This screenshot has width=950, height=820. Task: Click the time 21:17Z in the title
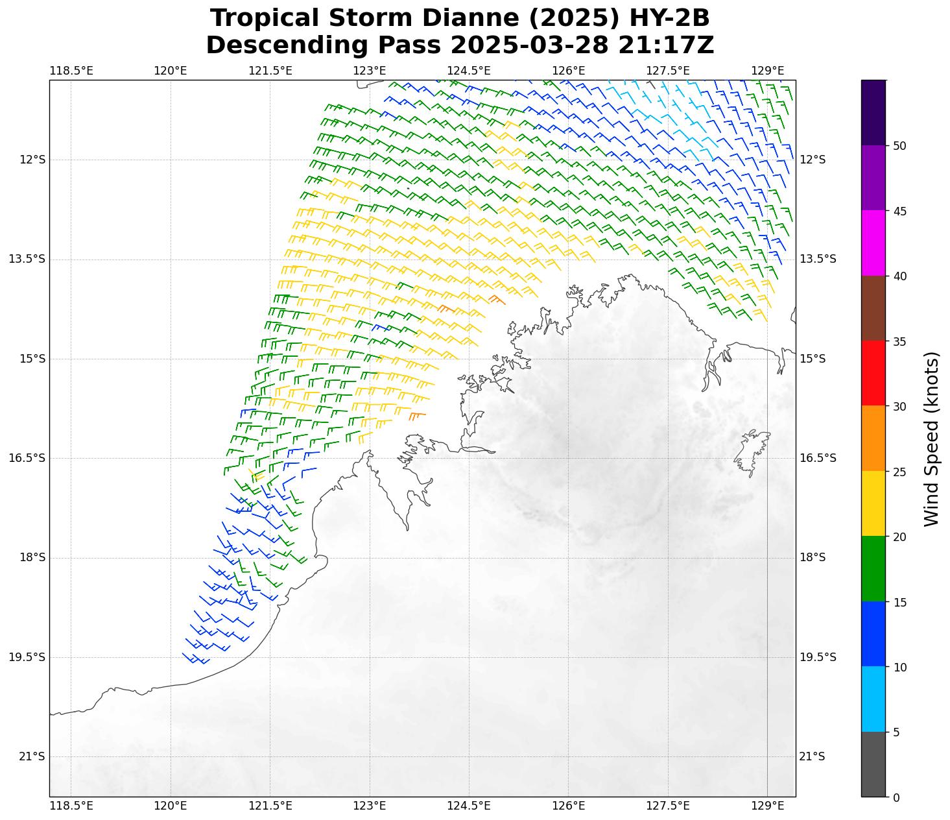[666, 45]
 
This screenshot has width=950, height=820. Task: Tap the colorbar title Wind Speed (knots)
[931, 439]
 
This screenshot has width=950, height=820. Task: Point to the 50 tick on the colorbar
[899, 146]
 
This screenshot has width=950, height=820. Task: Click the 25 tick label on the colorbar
[899, 472]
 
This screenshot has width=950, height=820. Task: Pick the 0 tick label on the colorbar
[896, 797]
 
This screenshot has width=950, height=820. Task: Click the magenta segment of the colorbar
[873, 243]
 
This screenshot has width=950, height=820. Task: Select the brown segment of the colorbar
[873, 308]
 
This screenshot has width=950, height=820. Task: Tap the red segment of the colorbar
[873, 373]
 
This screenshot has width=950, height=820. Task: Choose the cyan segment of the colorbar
[873, 699]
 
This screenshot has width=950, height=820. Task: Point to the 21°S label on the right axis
[812, 756]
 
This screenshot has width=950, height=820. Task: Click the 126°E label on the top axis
[569, 71]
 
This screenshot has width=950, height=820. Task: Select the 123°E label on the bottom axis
[370, 806]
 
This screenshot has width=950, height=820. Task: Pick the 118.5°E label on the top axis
[71, 71]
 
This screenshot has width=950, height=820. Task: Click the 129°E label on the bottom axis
[768, 806]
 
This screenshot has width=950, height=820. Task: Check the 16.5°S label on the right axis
[818, 458]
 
